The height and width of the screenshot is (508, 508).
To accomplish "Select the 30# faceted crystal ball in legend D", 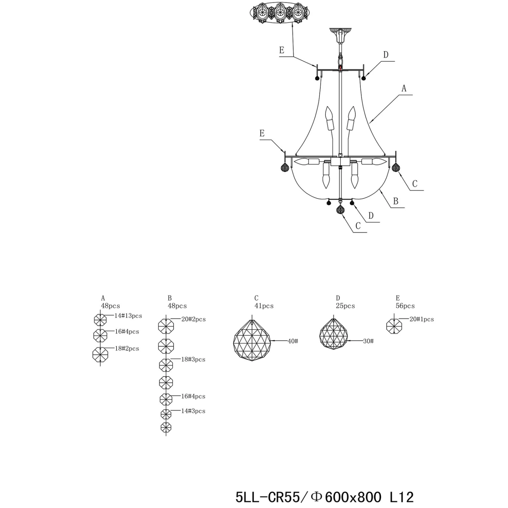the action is point(334,334).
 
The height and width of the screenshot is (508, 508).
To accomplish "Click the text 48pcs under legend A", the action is point(110,306).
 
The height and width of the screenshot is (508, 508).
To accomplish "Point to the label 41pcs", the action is point(264,306).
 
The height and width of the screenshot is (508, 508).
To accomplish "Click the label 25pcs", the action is point(345,306).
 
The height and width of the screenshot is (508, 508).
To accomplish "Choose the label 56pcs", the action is point(405,306).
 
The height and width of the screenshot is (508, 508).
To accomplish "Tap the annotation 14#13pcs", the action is point(128,316).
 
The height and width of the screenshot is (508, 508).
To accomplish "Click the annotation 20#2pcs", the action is point(193,319).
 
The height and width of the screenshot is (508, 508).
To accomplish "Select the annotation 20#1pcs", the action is point(422,319).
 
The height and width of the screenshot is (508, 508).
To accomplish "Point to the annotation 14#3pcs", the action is point(193,411).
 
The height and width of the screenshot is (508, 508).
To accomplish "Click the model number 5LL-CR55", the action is point(268,497).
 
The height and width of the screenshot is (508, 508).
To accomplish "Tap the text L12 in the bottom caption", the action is point(402,497).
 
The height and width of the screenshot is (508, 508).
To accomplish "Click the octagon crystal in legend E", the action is point(394,326).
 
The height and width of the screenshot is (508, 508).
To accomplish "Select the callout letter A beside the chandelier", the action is point(404,88).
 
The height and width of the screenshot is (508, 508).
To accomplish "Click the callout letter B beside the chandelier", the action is point(396,201).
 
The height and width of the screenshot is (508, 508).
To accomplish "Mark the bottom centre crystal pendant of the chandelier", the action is point(340,210).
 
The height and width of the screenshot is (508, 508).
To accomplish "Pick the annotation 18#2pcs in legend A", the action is point(127,348).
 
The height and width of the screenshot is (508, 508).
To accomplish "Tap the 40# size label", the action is point(293,341).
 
